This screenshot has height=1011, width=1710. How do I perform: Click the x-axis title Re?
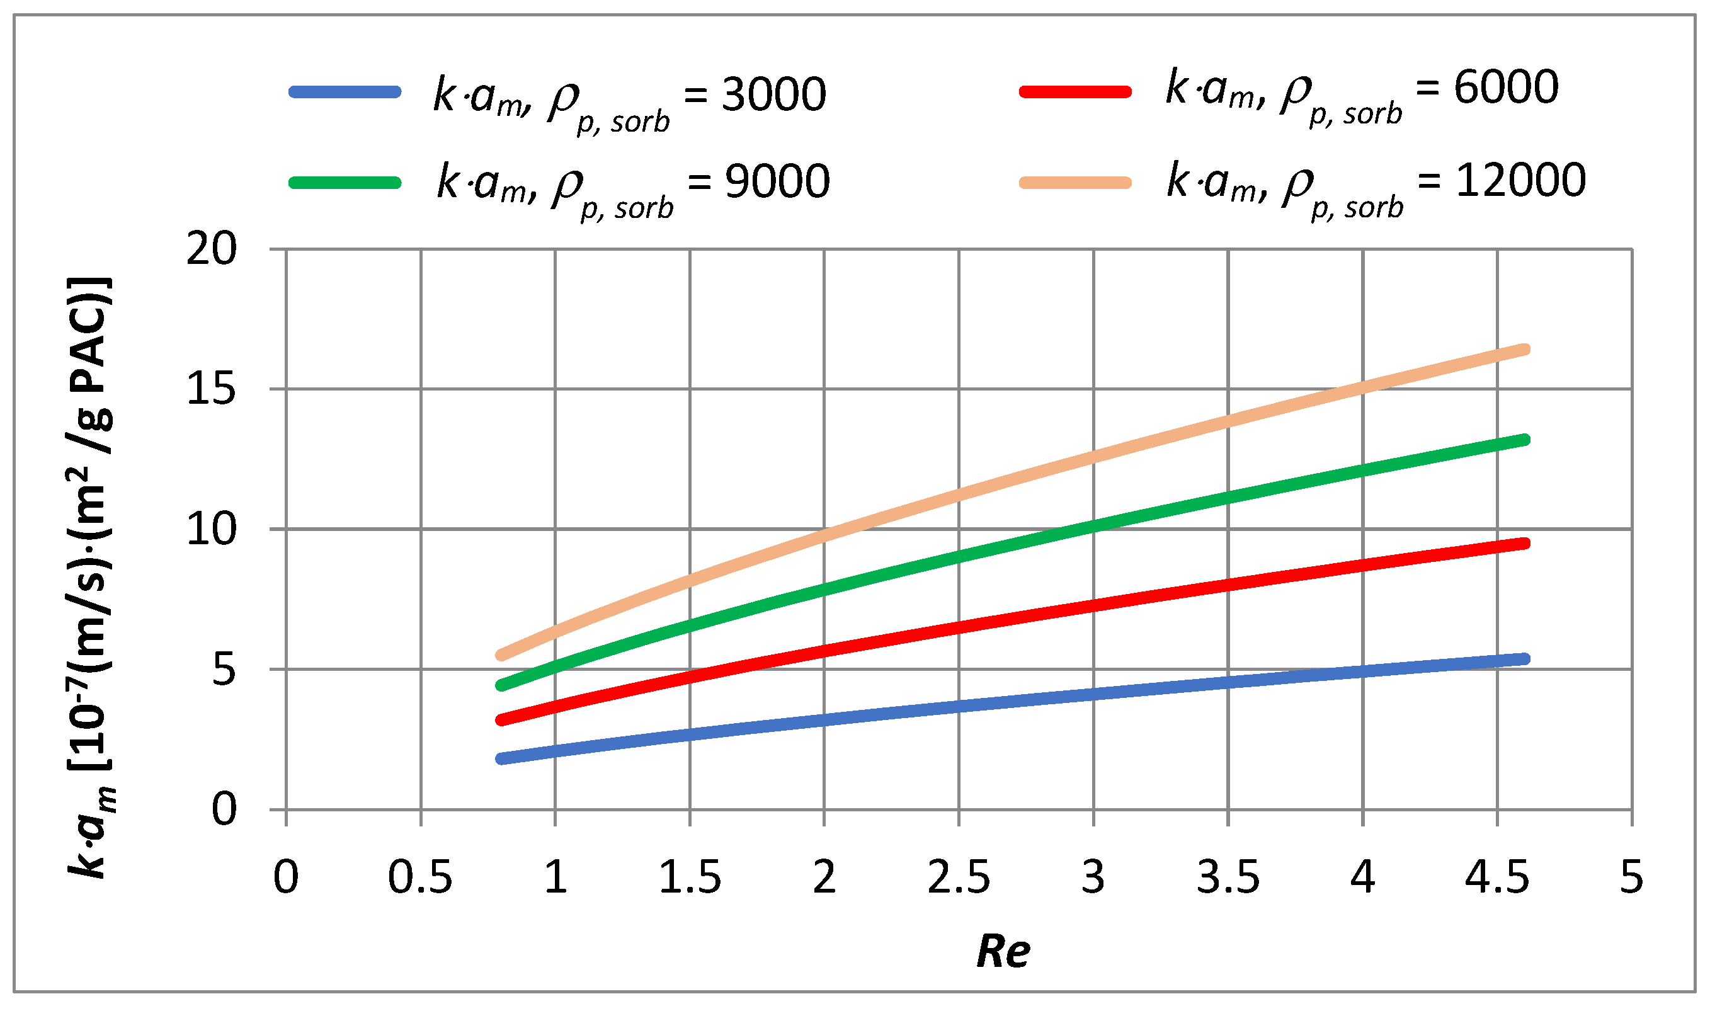(1003, 951)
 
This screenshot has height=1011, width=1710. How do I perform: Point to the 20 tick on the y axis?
(211, 249)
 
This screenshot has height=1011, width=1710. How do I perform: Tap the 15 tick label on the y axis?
(211, 390)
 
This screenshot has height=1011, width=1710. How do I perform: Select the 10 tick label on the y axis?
(211, 529)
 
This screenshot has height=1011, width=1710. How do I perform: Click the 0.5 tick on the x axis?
(420, 877)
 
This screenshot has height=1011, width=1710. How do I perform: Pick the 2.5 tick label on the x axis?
(958, 877)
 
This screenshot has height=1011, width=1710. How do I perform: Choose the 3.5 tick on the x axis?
(1227, 877)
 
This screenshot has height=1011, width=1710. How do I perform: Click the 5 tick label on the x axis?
(1631, 877)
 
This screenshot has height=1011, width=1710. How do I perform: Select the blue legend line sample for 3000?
(345, 92)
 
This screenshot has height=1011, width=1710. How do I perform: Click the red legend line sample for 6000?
(1075, 92)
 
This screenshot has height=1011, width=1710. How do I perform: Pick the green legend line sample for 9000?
(345, 183)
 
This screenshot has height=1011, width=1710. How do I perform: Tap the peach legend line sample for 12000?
(1075, 183)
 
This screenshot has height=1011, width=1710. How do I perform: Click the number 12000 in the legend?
(1520, 181)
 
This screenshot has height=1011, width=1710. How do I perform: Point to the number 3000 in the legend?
(773, 94)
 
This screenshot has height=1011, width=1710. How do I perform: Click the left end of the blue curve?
(502, 759)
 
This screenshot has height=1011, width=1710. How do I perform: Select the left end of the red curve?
(502, 720)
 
